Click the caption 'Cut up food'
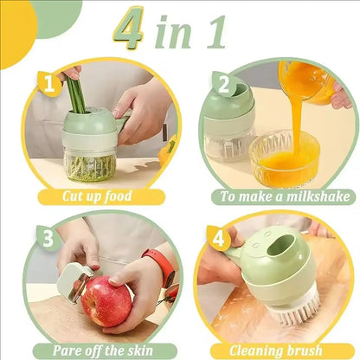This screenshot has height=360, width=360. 97,196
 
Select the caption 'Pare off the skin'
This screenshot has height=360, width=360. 97,350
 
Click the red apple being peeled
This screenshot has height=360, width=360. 106,302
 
